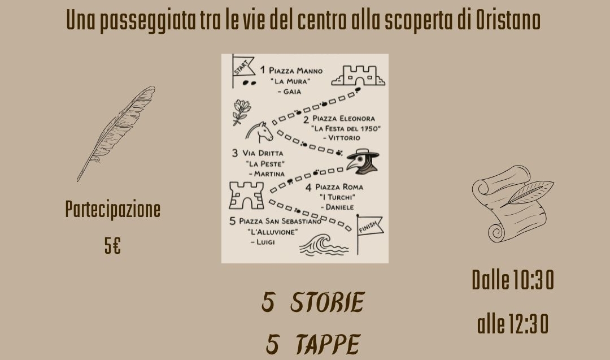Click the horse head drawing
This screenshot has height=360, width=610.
click(259, 132)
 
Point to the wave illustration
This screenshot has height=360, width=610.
click(323, 245)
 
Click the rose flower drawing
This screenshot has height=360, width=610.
click(241, 112)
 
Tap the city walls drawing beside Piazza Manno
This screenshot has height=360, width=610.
click(358, 76)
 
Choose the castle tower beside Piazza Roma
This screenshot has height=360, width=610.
click(246, 196)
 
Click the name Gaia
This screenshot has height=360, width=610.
click(292, 92)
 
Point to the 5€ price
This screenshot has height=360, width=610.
click(112, 246)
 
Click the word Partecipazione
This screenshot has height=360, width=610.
click(113, 209)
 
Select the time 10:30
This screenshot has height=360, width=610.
click(533, 280)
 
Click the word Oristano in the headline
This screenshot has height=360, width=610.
click(508, 20)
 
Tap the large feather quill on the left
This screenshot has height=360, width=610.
click(116, 133)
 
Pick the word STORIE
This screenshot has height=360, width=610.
click(327, 302)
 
